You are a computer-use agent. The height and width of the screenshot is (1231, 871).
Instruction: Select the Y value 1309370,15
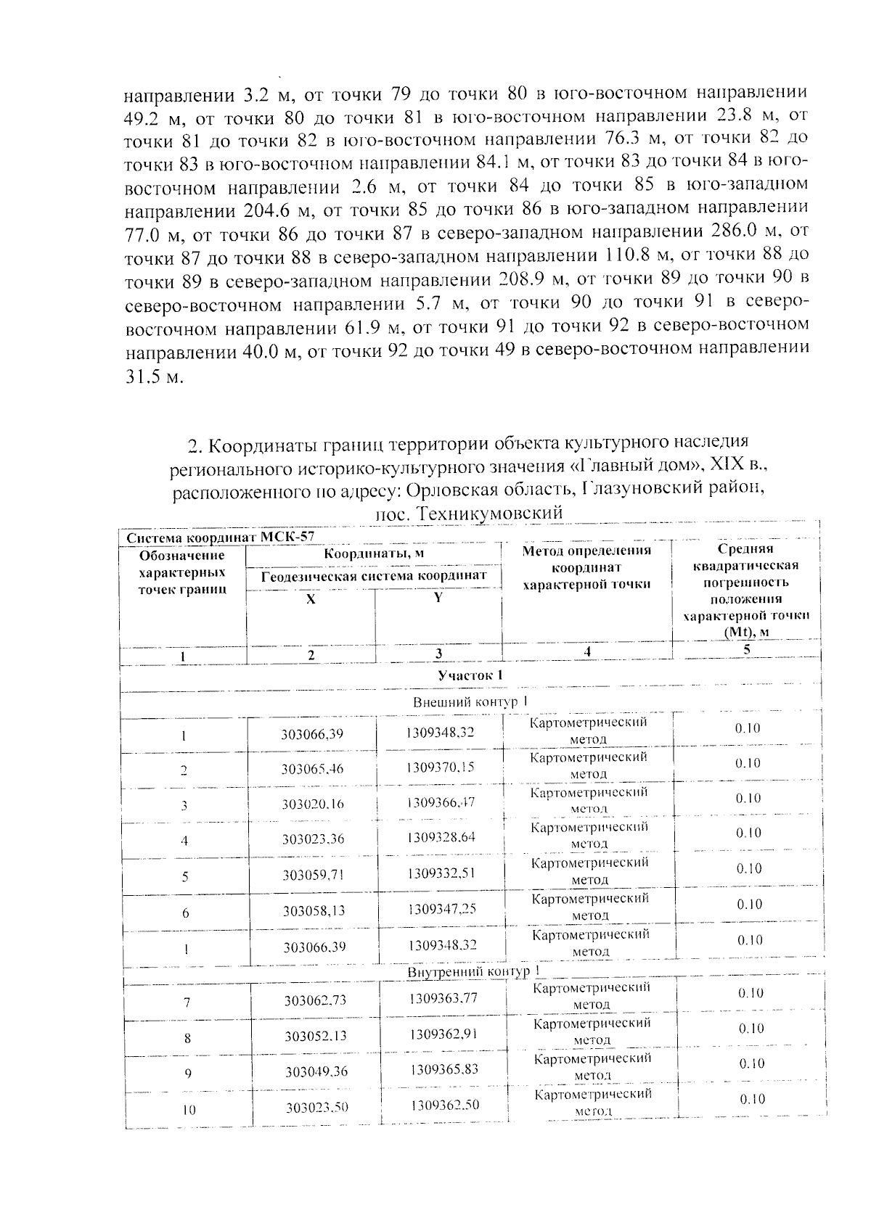tap(440, 767)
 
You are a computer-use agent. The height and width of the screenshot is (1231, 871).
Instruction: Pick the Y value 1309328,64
tap(441, 837)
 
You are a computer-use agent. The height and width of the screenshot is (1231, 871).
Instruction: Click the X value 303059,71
tap(313, 875)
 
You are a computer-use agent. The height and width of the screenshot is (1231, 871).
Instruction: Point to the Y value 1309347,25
tap(441, 908)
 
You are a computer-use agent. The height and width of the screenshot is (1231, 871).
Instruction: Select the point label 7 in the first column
tap(187, 1002)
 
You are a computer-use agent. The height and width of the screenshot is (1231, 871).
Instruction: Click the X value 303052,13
tap(315, 1036)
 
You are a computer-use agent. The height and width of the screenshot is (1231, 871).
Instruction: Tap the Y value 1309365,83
tap(443, 1069)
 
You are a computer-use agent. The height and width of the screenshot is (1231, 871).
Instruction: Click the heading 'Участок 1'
tap(470, 675)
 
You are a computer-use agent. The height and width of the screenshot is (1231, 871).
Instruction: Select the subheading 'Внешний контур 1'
tap(470, 701)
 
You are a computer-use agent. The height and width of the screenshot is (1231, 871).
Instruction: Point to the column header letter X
tap(311, 600)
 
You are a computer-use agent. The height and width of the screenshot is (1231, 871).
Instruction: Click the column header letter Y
tap(438, 597)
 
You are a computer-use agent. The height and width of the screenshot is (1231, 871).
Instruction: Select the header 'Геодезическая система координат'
tap(373, 576)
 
